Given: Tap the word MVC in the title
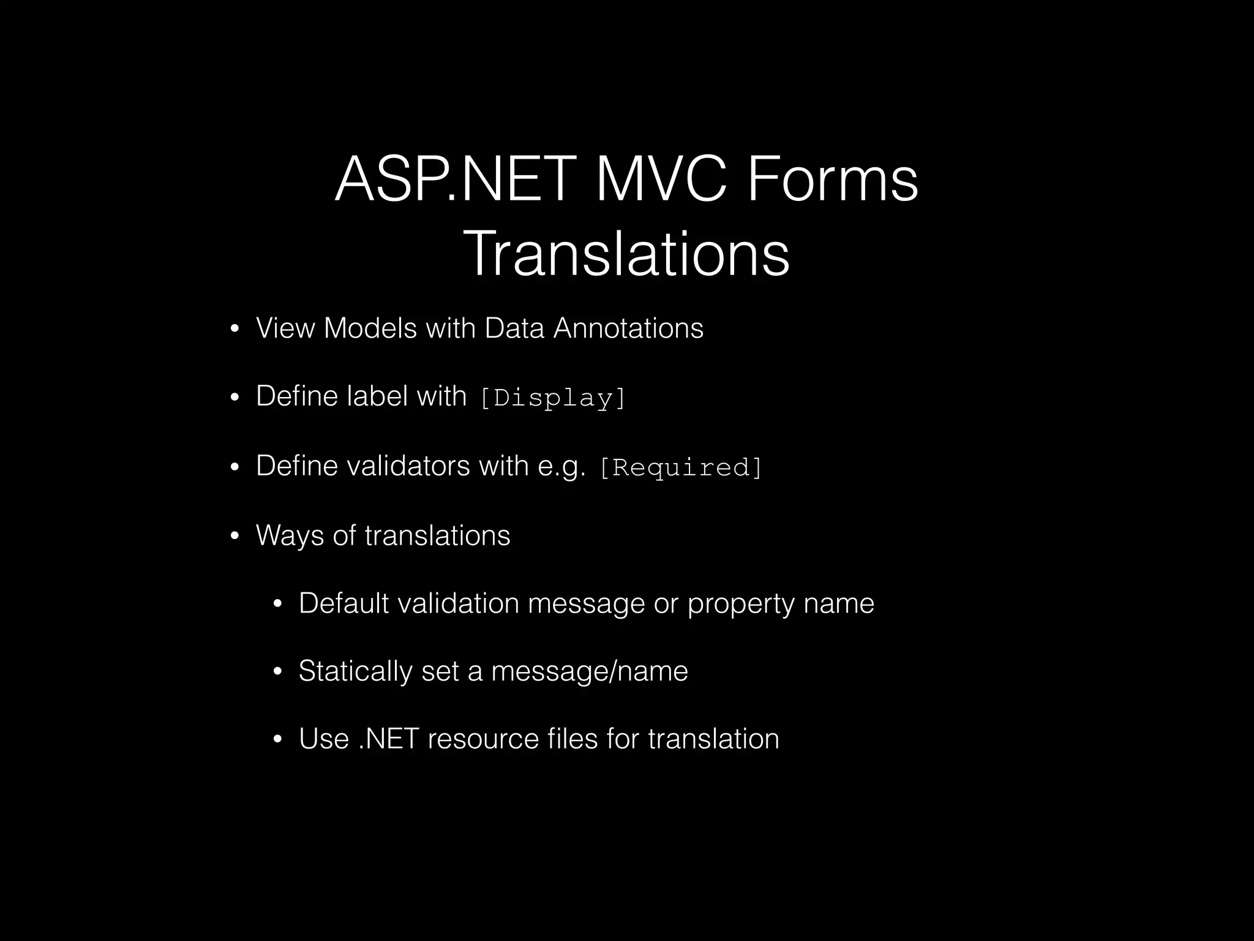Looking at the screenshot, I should click(661, 179).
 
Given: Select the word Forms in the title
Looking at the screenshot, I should click(833, 179).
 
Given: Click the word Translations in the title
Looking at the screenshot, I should click(626, 253).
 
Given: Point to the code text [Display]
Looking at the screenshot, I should click(554, 398).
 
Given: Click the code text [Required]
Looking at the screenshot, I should click(681, 467).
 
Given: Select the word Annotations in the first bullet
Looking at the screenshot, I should click(628, 328).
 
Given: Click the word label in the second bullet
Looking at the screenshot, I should click(377, 396).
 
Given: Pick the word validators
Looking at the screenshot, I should click(408, 466).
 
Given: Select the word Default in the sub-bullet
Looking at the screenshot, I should click(344, 603).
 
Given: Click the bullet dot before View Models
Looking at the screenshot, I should click(234, 331).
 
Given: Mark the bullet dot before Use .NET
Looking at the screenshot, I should click(277, 740).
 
